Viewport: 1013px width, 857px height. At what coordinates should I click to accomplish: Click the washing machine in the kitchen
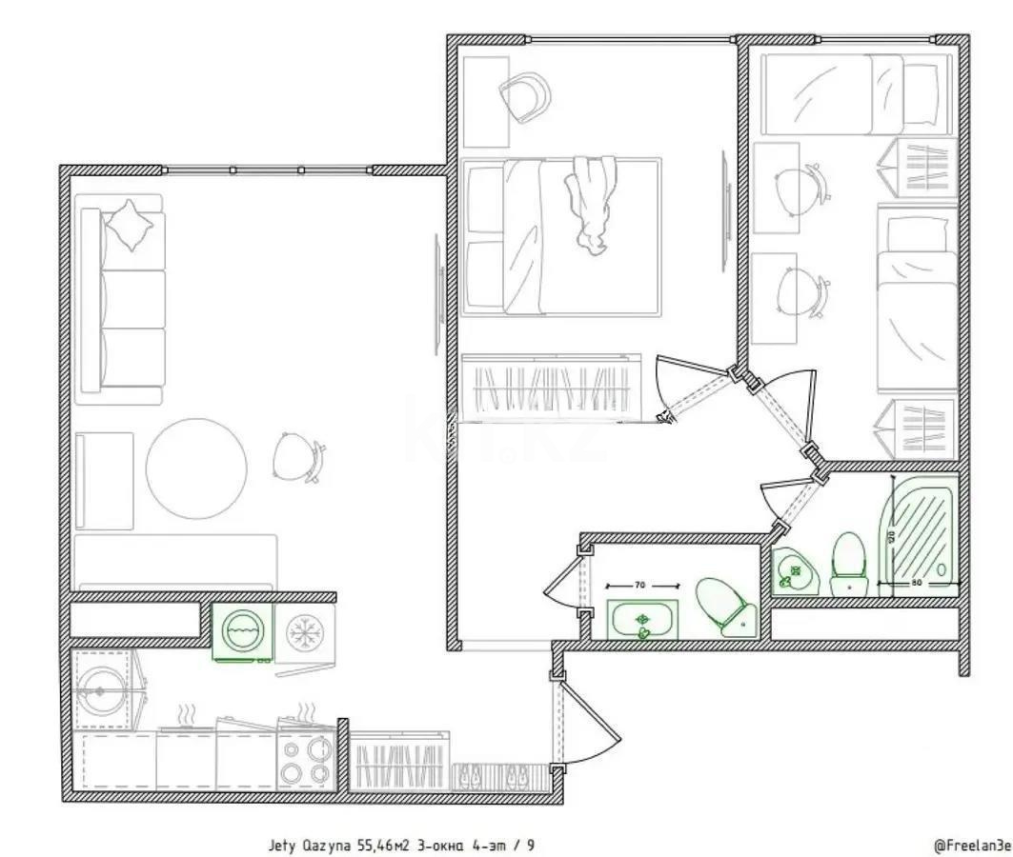[x=242, y=631]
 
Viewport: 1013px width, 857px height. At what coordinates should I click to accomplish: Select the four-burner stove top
[x=307, y=759]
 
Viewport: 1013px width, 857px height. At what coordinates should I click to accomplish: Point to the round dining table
[x=196, y=468]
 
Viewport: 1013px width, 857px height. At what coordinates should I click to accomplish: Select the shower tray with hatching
[x=920, y=528]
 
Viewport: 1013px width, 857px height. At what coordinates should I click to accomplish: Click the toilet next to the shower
[x=846, y=562]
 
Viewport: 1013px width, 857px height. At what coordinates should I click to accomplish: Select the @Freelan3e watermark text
[x=972, y=845]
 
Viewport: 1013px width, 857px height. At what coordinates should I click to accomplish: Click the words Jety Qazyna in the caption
[x=308, y=845]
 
